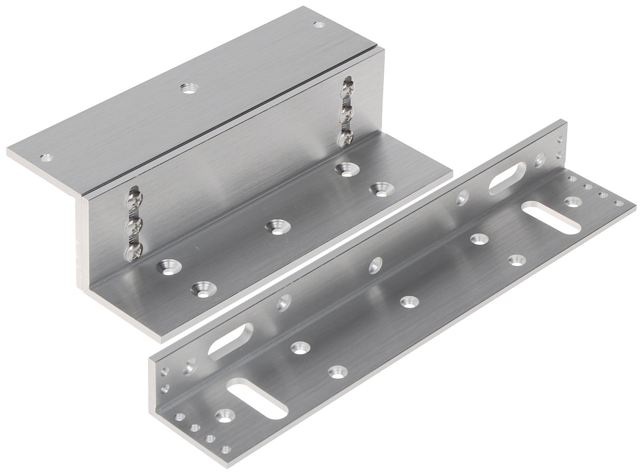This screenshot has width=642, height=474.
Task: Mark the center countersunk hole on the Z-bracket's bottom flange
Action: coord(274,227)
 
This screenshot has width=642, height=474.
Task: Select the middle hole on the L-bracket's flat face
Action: coord(407,301)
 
